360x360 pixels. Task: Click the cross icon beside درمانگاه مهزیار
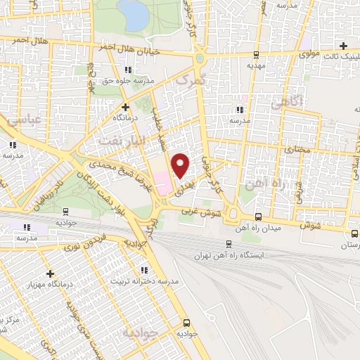pos(49,274)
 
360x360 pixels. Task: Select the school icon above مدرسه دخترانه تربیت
pos(144,270)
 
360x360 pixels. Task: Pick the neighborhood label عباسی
pos(23,121)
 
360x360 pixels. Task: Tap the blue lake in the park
pos(131,14)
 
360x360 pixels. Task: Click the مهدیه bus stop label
pos(255,65)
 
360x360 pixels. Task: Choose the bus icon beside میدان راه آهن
pos(259,216)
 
